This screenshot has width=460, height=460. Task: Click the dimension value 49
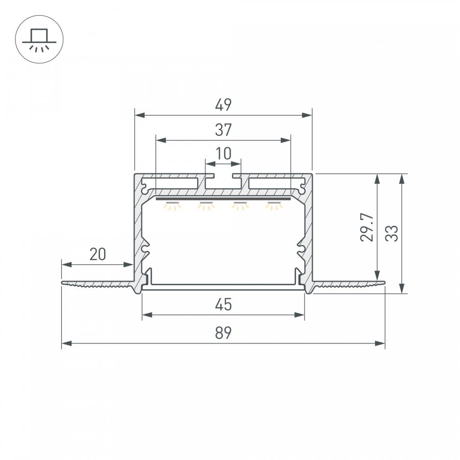click(x=223, y=105)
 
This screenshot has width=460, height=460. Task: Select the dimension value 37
click(x=223, y=130)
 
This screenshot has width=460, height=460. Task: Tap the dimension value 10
click(x=223, y=153)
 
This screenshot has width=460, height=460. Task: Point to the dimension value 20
click(x=98, y=255)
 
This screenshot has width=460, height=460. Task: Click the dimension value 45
click(x=223, y=305)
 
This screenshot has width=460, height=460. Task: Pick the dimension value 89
click(x=223, y=333)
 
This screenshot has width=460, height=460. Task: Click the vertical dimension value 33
click(x=392, y=234)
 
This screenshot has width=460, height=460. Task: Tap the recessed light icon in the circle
click(x=39, y=39)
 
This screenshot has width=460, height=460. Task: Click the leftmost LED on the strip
click(x=172, y=206)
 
